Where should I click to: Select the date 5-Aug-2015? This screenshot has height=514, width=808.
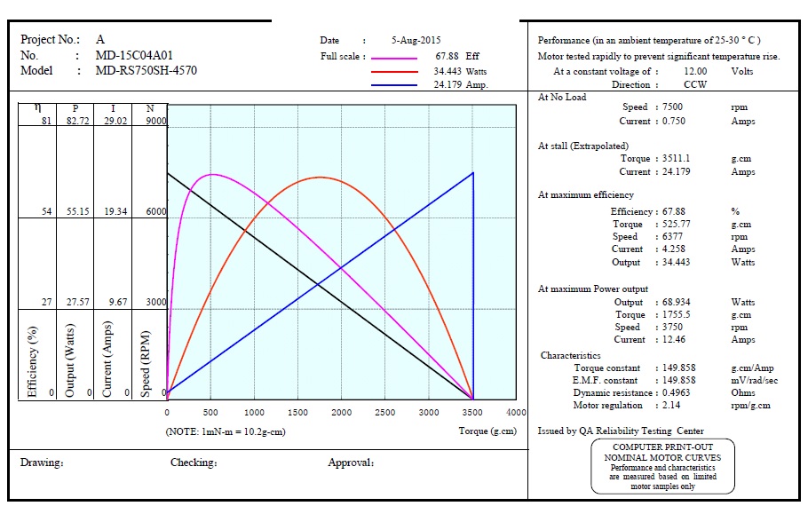pos(416,40)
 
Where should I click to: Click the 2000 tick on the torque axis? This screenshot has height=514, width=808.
pos(342,413)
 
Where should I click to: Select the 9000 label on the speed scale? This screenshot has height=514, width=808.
pos(155,122)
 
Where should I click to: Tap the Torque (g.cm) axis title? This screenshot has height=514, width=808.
pos(487,431)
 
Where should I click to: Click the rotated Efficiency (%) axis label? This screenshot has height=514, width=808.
pos(33,360)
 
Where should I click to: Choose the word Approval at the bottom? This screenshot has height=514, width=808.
pos(351,463)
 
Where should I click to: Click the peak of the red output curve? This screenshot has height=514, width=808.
pos(321,178)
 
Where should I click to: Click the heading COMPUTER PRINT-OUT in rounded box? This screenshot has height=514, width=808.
pos(662,447)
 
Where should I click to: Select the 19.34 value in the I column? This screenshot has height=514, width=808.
pos(114,212)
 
